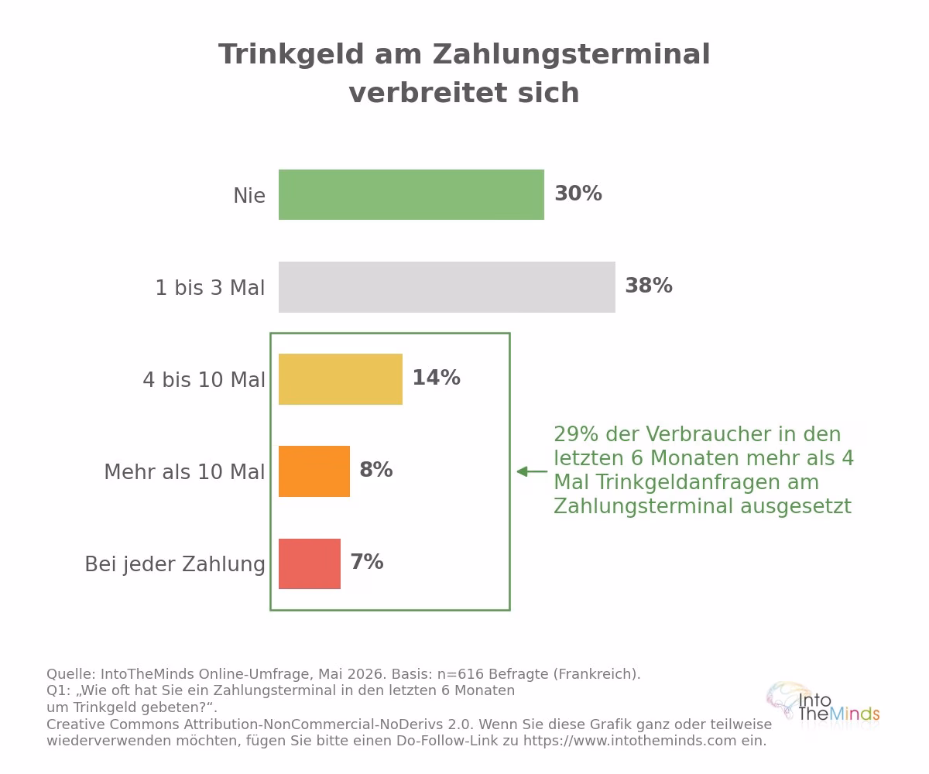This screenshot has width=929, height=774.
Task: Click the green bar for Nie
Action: point(411,194)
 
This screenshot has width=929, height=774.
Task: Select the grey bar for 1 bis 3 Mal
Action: point(447,287)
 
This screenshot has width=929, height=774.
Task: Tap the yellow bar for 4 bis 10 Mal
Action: point(341,379)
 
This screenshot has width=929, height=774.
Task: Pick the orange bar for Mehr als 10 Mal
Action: point(314,471)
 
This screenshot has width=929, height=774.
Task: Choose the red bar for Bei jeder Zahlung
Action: point(309,563)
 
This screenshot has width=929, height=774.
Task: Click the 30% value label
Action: point(578,193)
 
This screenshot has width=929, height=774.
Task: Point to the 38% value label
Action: point(649,286)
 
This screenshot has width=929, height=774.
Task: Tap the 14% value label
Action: point(436,378)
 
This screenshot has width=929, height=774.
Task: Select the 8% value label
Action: point(376,470)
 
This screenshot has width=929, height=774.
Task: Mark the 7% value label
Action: point(367,562)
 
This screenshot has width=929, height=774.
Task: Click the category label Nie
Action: point(249,196)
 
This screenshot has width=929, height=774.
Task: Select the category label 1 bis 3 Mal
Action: point(210,288)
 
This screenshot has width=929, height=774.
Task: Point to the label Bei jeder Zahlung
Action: point(175,565)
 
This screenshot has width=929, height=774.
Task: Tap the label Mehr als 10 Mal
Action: point(184,472)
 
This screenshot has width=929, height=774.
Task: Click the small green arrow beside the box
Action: point(532,471)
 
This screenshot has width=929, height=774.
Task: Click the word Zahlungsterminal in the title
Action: point(571,54)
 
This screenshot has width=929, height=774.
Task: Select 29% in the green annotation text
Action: point(576,434)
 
